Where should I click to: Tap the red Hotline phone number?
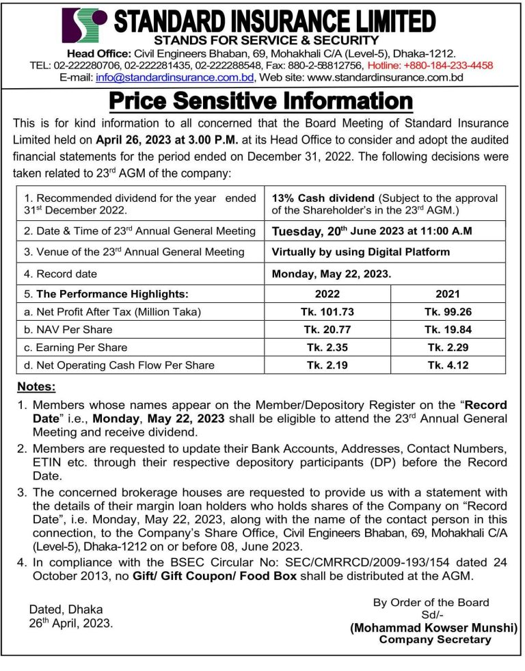[430, 66]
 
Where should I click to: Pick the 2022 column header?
[327, 295]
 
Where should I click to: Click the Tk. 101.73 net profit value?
[327, 312]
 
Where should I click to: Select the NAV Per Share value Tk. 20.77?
[327, 330]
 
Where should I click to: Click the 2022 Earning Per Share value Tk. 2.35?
[327, 347]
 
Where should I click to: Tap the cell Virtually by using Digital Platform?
[360, 252]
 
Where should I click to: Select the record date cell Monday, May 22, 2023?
[332, 274]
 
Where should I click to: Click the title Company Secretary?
[435, 640]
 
